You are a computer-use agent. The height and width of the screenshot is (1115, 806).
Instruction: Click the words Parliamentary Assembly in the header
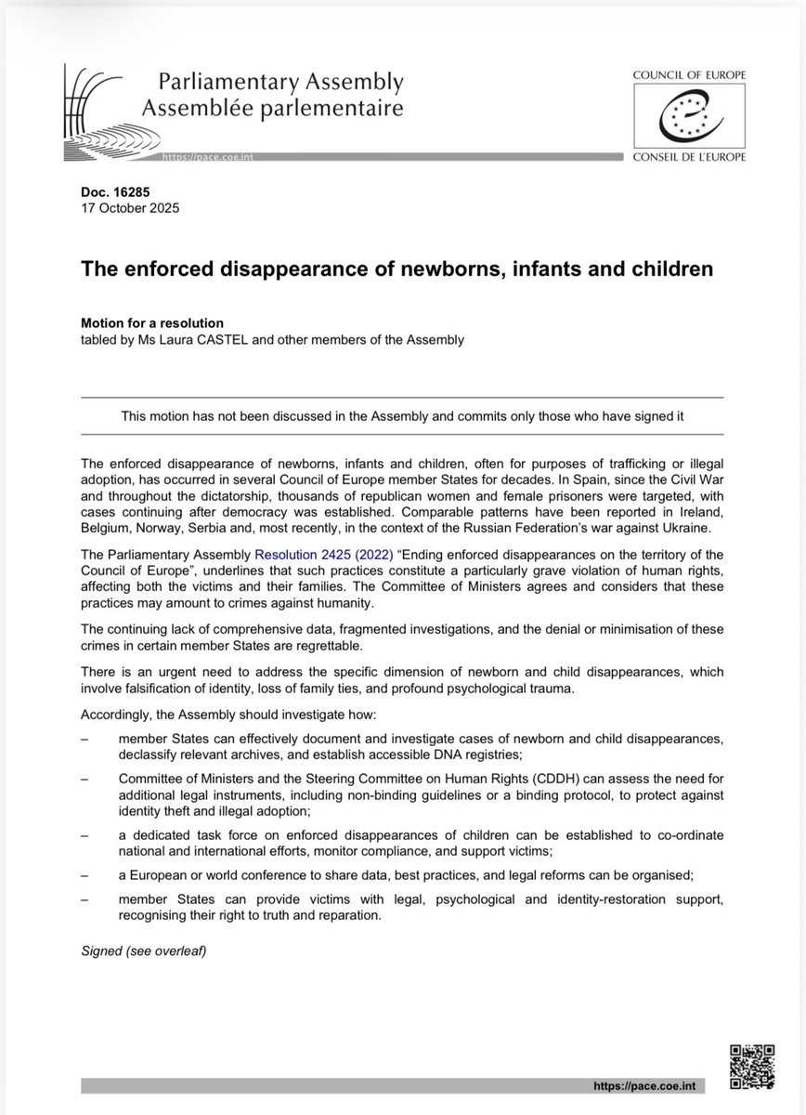click(270, 83)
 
